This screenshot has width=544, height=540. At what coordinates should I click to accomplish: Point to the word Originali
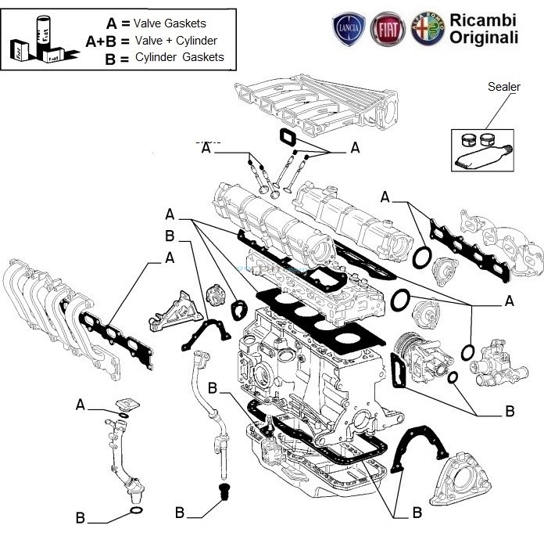pyautogui.click(x=483, y=38)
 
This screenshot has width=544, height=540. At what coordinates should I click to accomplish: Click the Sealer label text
pyautogui.click(x=503, y=87)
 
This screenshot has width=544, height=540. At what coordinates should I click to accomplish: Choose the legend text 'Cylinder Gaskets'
pyautogui.click(x=179, y=57)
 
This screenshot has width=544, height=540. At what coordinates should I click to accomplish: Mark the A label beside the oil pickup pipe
pyautogui.click(x=81, y=405)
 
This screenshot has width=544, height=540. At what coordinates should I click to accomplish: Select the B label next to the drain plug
pyautogui.click(x=180, y=513)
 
